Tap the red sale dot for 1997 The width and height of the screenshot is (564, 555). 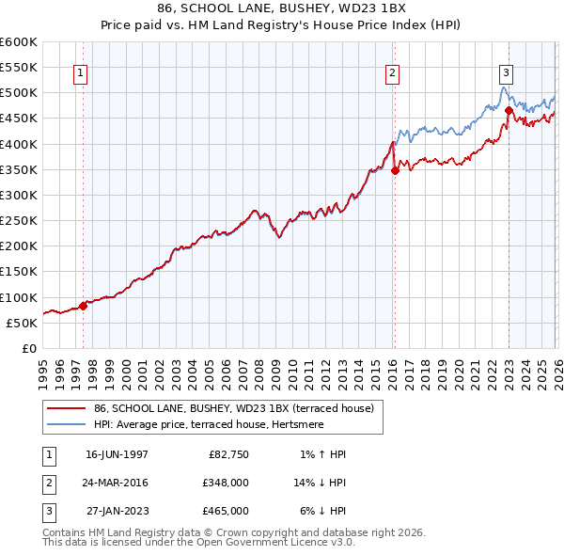[x=83, y=305]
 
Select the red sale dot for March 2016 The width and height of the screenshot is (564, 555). [x=395, y=170]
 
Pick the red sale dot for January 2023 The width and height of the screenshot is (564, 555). [x=509, y=111]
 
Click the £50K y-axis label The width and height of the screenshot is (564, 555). [x=22, y=323]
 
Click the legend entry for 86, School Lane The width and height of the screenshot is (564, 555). [x=233, y=408]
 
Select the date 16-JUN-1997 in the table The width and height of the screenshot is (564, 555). [x=117, y=454]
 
